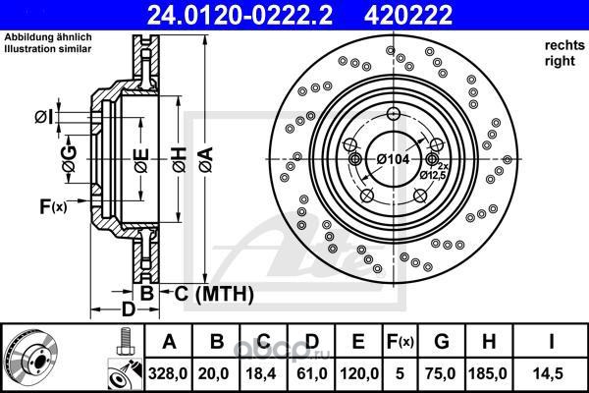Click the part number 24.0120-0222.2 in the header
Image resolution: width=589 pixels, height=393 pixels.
[x=240, y=15]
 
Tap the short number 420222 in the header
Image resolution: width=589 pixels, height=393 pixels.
[x=408, y=15]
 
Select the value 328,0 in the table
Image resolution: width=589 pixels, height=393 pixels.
[x=168, y=373]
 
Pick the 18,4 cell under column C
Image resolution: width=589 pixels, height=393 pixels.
[x=263, y=373]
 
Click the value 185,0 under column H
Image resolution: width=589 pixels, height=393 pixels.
[x=488, y=373]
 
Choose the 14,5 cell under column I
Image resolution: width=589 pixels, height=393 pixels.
[x=551, y=373]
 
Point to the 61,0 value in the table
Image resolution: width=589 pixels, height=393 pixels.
[x=312, y=373]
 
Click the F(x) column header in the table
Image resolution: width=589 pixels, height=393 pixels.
[x=400, y=342]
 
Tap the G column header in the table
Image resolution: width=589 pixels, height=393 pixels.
[x=441, y=342]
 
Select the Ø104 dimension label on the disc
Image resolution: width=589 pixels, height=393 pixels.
[x=393, y=159]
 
